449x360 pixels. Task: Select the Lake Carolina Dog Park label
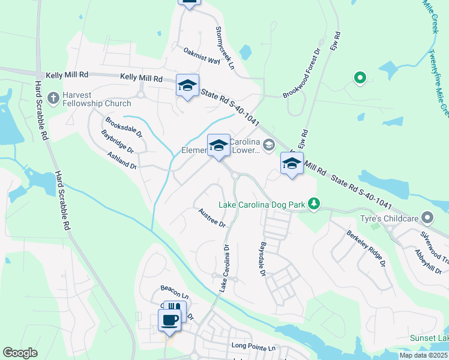pyautogui.click(x=262, y=205)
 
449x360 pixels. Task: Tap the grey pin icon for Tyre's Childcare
pyautogui.click(x=427, y=217)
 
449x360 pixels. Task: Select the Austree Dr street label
pyautogui.click(x=212, y=218)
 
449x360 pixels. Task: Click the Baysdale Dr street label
pyautogui.click(x=262, y=259)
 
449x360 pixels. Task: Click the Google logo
pyautogui.click(x=20, y=353)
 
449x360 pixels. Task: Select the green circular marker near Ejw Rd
pyautogui.click(x=360, y=77)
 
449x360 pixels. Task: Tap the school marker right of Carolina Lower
pyautogui.click(x=291, y=163)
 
